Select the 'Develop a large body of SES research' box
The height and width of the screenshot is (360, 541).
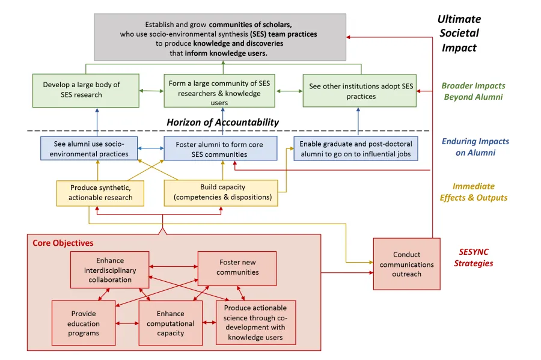(x=85, y=90)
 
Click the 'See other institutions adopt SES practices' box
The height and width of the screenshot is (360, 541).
(x=359, y=91)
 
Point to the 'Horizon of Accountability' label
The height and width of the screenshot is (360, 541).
(x=222, y=122)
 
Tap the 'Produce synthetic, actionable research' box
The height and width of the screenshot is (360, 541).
(x=100, y=192)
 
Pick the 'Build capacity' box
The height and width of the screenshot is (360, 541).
(x=221, y=192)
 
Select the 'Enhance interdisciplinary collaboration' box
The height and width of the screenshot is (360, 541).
(x=109, y=270)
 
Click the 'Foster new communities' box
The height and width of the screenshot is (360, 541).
(x=237, y=267)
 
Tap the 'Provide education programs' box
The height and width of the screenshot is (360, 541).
(x=84, y=323)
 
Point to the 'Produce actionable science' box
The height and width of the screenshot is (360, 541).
(x=256, y=323)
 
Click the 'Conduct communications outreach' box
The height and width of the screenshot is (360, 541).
(x=406, y=264)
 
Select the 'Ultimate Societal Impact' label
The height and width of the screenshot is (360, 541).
(x=459, y=34)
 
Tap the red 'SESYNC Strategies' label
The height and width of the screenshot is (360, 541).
(x=475, y=258)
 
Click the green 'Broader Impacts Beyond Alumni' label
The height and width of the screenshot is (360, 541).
(x=473, y=91)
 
